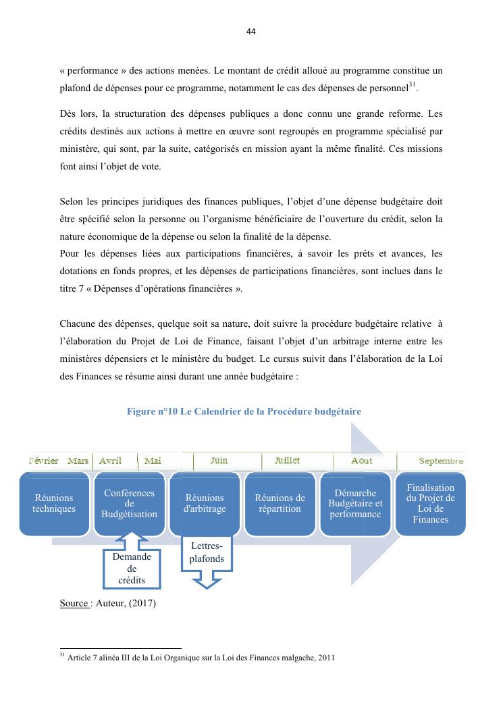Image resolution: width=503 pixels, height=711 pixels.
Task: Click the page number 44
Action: point(251,32)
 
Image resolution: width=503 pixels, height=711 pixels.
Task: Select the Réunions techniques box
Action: point(54,504)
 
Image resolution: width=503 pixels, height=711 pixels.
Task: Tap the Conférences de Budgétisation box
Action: point(130,504)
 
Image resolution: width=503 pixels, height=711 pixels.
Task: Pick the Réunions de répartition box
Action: point(280,504)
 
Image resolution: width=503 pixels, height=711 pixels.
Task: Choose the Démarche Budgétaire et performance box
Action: point(355,504)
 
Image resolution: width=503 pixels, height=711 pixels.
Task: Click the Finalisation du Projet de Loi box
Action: point(430,504)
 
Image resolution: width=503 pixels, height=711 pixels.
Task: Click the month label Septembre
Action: point(441,461)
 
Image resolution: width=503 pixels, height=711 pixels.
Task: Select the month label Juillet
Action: point(287,460)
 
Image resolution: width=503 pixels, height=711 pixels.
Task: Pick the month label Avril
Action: point(110,460)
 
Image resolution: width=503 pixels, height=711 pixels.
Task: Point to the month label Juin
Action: point(219,460)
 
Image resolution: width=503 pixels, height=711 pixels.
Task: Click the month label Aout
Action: point(362,460)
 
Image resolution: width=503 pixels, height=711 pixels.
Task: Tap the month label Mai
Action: point(153,460)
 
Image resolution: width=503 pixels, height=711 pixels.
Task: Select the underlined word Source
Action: point(74,603)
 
